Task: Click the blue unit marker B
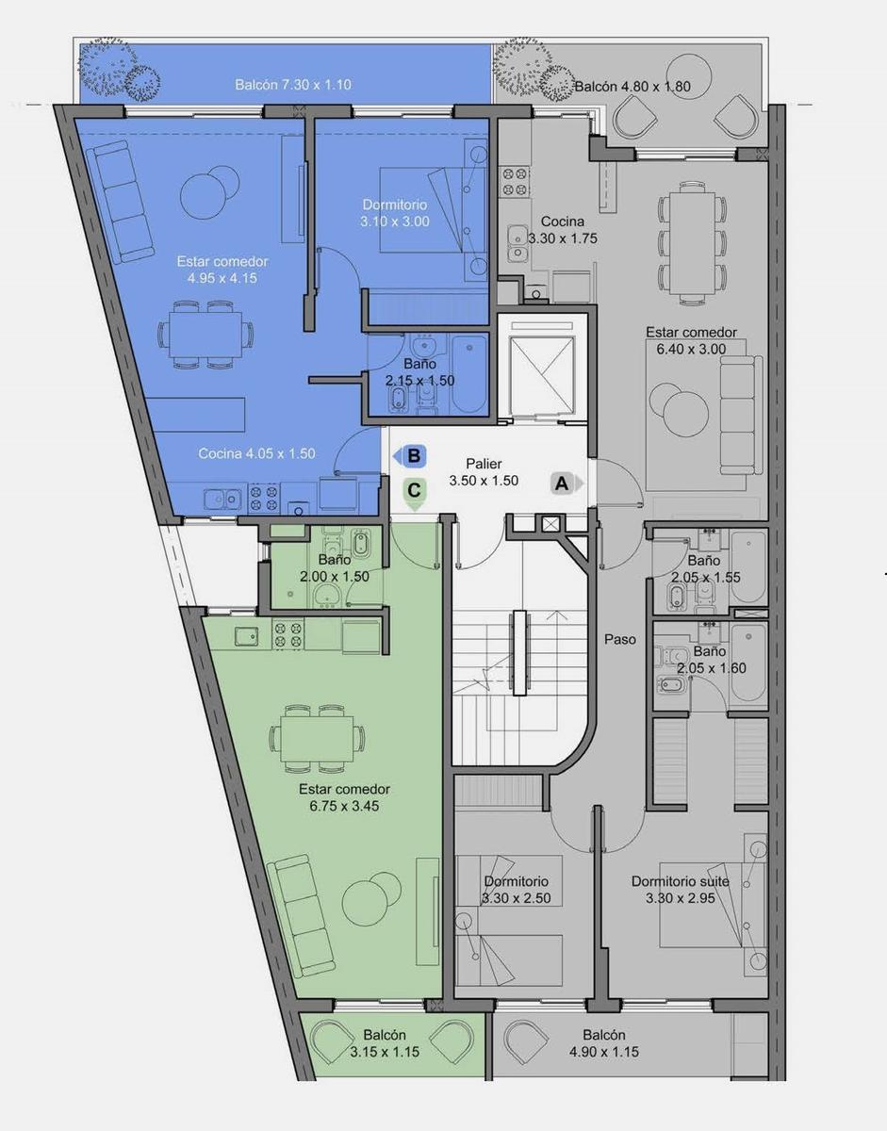pyautogui.click(x=410, y=456)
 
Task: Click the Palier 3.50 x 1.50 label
pyautogui.click(x=484, y=472)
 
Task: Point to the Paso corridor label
pyautogui.click(x=620, y=639)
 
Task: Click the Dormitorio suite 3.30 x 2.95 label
pyautogui.click(x=680, y=890)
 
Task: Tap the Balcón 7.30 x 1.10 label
pyautogui.click(x=293, y=84)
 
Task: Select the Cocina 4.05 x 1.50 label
pyautogui.click(x=256, y=453)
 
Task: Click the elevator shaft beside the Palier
pyautogui.click(x=542, y=369)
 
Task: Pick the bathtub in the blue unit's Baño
pyautogui.click(x=469, y=374)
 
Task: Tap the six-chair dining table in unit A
pyautogui.click(x=692, y=243)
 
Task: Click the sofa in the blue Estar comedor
pyautogui.click(x=120, y=204)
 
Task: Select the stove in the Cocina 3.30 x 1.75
pyautogui.click(x=515, y=182)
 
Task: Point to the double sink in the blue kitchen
pyautogui.click(x=222, y=500)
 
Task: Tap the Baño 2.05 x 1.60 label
pyautogui.click(x=711, y=660)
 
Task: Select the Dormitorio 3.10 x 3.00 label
pyautogui.click(x=395, y=213)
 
